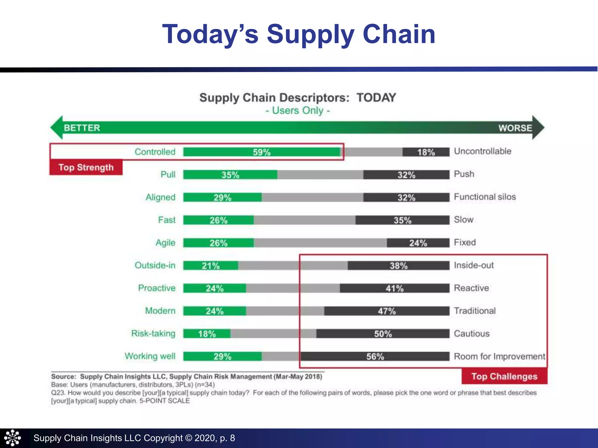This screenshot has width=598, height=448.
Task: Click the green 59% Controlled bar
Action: click(x=262, y=152)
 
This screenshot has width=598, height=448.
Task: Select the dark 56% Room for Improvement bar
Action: click(x=375, y=356)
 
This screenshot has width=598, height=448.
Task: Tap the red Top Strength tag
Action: click(x=86, y=167)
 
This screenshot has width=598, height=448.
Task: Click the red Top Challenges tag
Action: click(x=504, y=376)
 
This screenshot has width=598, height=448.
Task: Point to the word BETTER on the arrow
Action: click(x=82, y=128)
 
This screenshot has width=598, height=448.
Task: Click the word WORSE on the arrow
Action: click(x=515, y=128)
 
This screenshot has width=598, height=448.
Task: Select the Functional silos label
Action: click(x=485, y=197)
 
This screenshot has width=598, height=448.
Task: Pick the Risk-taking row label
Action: click(x=153, y=333)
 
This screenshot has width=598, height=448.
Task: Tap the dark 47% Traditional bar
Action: click(x=387, y=311)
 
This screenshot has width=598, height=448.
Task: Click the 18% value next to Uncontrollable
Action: click(x=426, y=152)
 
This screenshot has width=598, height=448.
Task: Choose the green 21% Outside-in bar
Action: click(x=211, y=265)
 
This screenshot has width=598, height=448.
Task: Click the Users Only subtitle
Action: click(x=298, y=111)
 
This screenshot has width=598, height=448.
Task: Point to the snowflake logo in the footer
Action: click(x=12, y=438)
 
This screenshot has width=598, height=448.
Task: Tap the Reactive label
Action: click(x=471, y=288)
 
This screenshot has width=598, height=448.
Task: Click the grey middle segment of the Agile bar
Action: click(x=320, y=243)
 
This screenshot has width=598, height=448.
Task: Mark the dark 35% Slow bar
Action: click(x=402, y=220)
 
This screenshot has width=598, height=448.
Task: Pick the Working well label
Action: click(x=150, y=356)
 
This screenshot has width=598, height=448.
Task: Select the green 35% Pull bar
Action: click(x=230, y=175)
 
